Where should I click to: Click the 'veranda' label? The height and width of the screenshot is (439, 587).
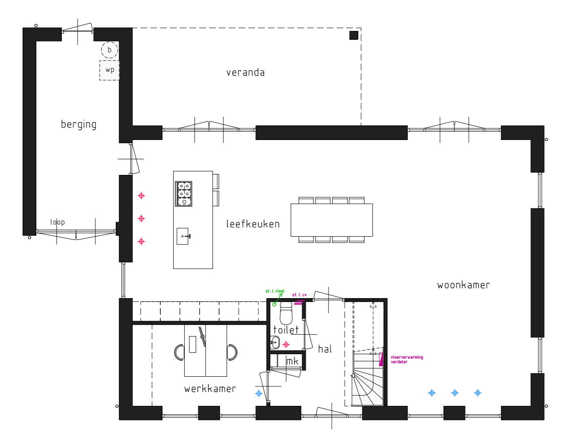(x=245, y=72)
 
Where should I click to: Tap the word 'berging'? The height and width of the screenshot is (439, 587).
(x=79, y=125)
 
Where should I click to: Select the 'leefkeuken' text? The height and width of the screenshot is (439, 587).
(x=253, y=224)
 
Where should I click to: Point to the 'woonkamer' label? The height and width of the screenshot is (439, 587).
(x=463, y=285)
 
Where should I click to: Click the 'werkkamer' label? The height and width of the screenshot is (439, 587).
(x=210, y=389)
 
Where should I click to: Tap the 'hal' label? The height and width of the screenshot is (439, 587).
(x=325, y=349)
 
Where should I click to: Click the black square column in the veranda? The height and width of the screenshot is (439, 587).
(x=353, y=35)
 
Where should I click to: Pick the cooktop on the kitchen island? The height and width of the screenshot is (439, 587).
(x=183, y=194)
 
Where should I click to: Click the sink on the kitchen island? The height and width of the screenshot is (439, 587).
(x=183, y=236)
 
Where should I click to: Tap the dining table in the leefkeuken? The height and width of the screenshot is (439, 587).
(x=332, y=220)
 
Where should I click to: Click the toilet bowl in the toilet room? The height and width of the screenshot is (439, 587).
(x=286, y=313)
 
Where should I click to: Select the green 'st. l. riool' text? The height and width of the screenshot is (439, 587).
(x=275, y=291)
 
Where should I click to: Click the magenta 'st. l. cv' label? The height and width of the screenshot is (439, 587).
(x=299, y=295)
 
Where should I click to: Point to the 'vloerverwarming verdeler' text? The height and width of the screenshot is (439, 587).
(x=407, y=360)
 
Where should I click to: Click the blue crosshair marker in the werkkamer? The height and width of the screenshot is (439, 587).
(x=258, y=394)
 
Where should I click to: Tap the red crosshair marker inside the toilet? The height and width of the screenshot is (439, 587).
(x=286, y=344)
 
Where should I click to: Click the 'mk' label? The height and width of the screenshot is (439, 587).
(x=292, y=361)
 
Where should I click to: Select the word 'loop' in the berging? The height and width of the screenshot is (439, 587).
(x=57, y=222)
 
